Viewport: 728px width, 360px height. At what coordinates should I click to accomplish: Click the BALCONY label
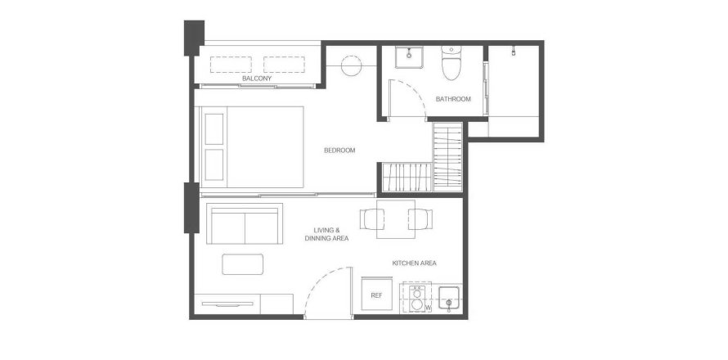(x=257, y=79)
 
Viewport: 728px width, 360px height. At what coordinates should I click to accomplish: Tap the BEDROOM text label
(x=339, y=150)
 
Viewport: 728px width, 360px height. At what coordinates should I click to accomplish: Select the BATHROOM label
(x=453, y=99)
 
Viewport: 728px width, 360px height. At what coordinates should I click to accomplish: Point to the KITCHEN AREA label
(x=414, y=263)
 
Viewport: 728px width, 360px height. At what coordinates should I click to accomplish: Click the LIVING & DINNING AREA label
(x=326, y=234)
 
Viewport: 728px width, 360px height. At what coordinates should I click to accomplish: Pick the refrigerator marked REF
(x=376, y=295)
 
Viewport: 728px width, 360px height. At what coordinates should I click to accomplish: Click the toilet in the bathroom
(x=451, y=63)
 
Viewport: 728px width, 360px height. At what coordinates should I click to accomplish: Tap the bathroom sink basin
(x=408, y=57)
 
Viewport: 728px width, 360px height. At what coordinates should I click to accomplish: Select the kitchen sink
(x=449, y=298)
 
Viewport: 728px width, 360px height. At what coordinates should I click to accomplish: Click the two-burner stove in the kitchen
(x=417, y=298)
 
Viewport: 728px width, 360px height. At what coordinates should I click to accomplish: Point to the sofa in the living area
(x=245, y=223)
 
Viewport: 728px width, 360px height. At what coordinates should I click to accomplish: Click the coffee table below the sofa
(x=242, y=264)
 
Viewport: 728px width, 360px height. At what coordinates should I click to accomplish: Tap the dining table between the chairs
(x=396, y=219)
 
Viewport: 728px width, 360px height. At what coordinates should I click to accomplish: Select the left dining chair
(x=372, y=219)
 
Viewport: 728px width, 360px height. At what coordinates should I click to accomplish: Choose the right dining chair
(x=420, y=219)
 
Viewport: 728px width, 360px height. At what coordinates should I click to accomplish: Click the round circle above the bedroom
(x=352, y=65)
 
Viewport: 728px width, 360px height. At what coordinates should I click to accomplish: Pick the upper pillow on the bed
(x=214, y=128)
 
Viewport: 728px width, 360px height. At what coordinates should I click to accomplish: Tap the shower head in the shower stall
(x=514, y=51)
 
